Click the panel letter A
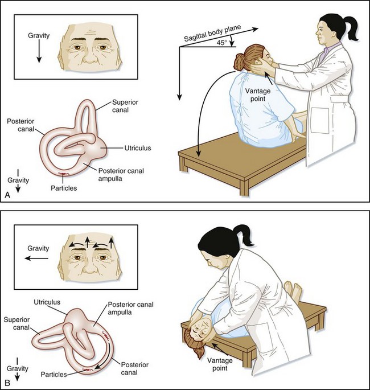pos(7,195)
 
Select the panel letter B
pos(7,383)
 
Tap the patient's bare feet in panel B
pos(292,290)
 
